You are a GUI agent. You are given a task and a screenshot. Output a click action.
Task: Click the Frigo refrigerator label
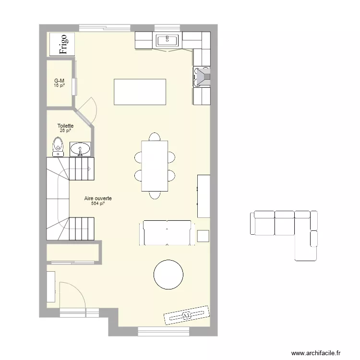click(62, 44)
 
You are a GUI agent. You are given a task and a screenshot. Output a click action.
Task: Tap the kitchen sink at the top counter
click(167, 40)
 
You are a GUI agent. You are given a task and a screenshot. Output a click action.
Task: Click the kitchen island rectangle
click(140, 92)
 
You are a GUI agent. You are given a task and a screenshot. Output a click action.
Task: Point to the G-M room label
click(60, 81)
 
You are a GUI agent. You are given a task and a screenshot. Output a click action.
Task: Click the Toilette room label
click(65, 126)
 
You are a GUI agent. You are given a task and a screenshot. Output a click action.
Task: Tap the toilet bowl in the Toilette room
click(58, 145)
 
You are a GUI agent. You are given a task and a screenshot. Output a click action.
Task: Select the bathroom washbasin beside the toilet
click(80, 149)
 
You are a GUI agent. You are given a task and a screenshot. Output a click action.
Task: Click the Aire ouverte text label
click(98, 198)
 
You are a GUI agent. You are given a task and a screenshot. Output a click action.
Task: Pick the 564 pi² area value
click(97, 204)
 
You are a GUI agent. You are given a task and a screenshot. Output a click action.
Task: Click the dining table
click(154, 166)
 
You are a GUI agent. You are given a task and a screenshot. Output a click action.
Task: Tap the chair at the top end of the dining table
click(154, 137)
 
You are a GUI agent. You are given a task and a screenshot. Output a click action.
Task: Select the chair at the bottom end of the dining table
click(154, 194)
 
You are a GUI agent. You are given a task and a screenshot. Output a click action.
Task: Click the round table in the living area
click(168, 274)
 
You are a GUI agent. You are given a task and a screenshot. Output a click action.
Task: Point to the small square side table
click(203, 236)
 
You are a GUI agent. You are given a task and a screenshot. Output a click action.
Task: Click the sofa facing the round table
click(167, 232)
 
